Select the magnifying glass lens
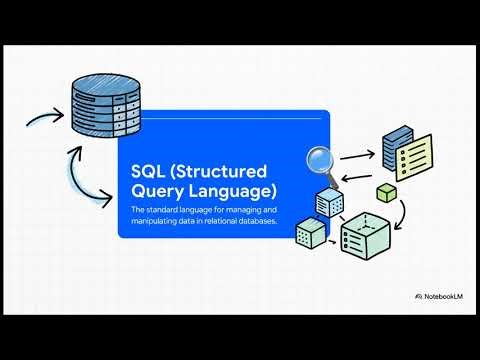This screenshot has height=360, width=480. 321,158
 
